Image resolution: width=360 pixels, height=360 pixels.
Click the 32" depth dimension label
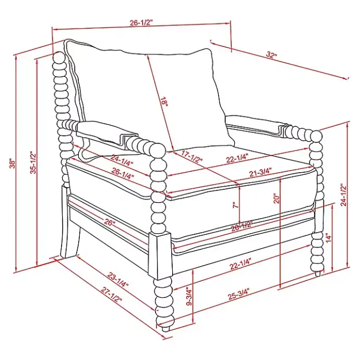click(x=272, y=55)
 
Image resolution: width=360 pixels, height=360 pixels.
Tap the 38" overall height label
click(x=12, y=163)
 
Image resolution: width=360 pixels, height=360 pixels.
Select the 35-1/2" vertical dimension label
click(x=33, y=162)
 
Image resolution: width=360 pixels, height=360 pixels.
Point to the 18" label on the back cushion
click(x=164, y=102)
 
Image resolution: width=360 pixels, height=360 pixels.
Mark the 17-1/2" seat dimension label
click(x=191, y=157)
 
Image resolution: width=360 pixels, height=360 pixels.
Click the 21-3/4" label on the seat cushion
click(x=260, y=172)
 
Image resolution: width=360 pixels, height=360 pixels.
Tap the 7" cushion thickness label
click(x=235, y=205)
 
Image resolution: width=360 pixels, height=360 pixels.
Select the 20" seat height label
click(x=277, y=198)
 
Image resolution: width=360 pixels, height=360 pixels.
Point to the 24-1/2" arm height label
click(x=343, y=195)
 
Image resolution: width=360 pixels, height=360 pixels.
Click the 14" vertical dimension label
click(x=329, y=238)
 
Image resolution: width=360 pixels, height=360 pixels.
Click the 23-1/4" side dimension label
click(x=118, y=280)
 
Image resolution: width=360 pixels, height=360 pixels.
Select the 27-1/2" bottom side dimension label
click(x=111, y=295)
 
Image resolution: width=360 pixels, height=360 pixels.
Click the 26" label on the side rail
click(x=109, y=222)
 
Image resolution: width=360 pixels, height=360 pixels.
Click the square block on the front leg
click(x=160, y=255)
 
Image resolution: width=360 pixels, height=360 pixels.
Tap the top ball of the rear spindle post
click(x=59, y=57)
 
